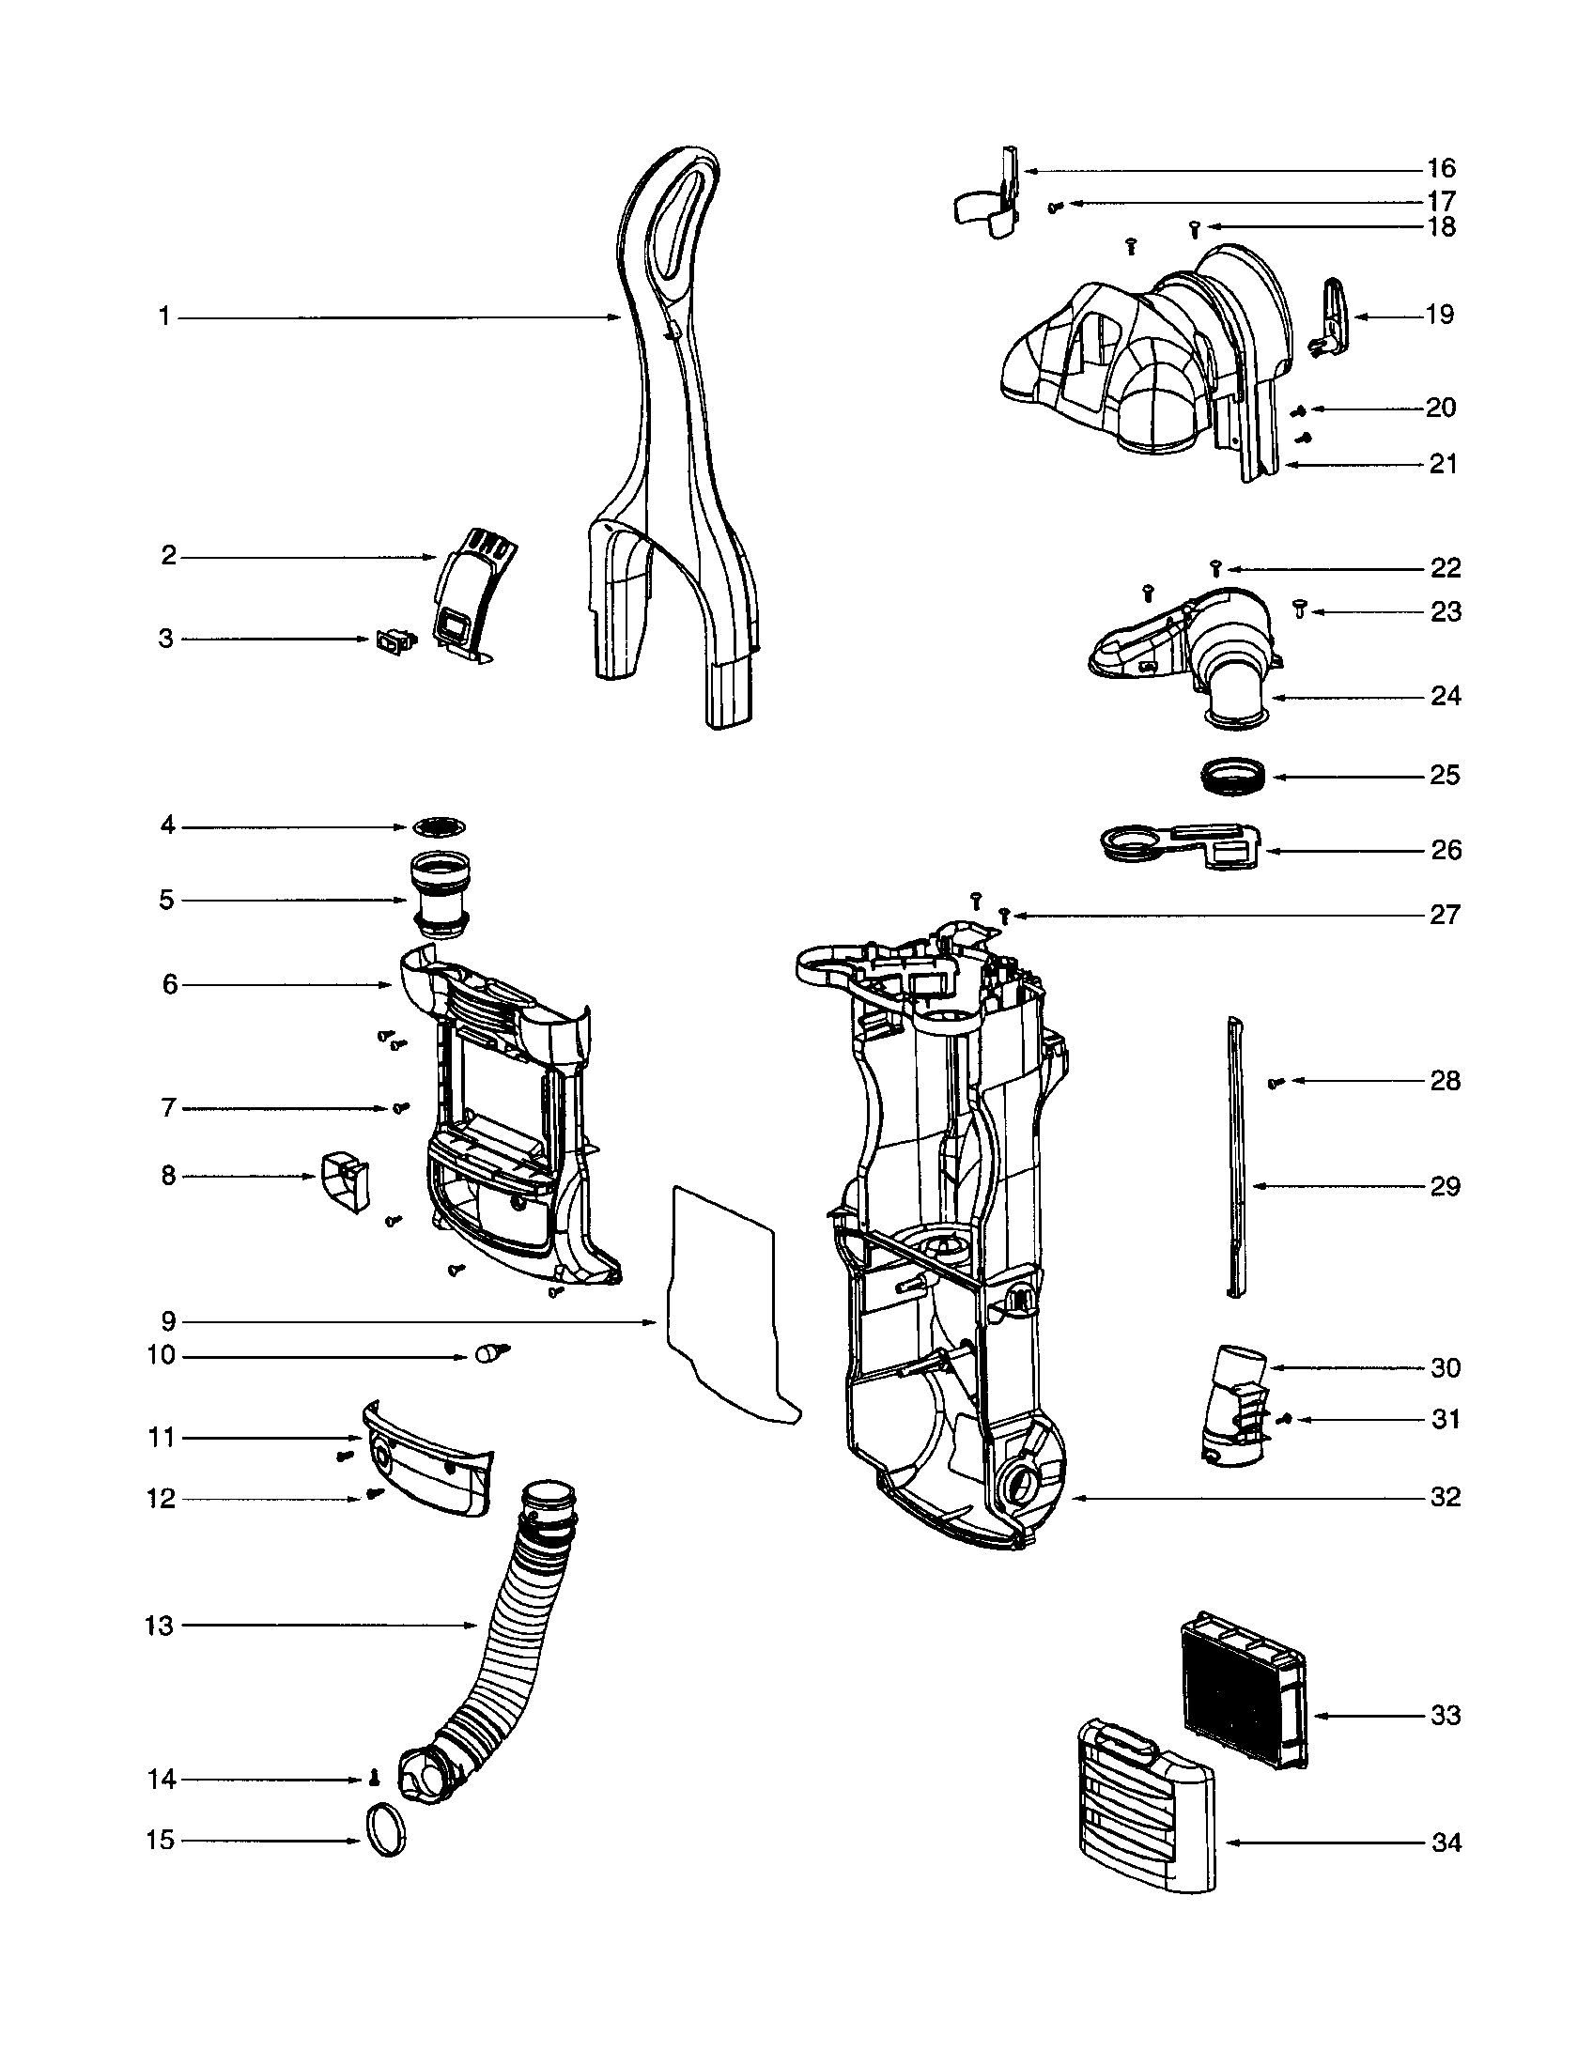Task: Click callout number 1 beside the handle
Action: pyautogui.click(x=164, y=317)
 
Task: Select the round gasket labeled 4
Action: pyautogui.click(x=440, y=826)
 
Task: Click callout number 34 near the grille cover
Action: pyautogui.click(x=1446, y=1842)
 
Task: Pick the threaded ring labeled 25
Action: pyautogui.click(x=1229, y=778)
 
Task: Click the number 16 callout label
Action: pyautogui.click(x=1441, y=169)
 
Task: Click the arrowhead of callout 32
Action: pyautogui.click(x=1075, y=1498)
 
